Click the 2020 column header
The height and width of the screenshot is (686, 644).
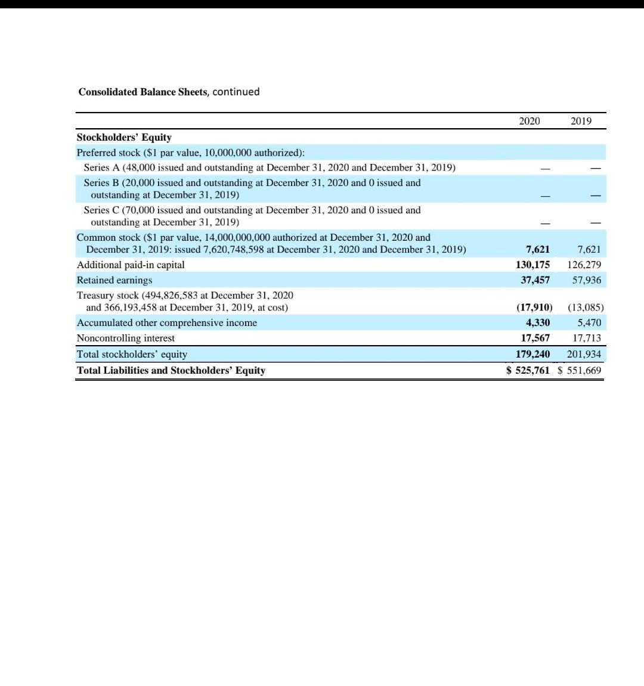click(529, 121)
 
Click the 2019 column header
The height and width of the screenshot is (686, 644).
click(581, 121)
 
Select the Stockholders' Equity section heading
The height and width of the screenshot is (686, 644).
click(124, 137)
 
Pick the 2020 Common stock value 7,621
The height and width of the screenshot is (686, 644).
click(538, 249)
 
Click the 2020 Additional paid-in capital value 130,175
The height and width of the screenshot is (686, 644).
click(532, 265)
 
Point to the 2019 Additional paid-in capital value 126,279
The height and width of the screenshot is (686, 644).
click(584, 265)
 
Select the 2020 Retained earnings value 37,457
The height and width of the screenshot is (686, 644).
click(535, 280)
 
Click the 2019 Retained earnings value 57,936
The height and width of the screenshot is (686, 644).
click(586, 280)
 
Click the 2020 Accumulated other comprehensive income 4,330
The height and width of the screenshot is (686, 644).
click(538, 322)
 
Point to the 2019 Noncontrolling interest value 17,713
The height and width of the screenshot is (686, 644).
click(586, 338)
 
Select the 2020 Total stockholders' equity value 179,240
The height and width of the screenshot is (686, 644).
click(532, 354)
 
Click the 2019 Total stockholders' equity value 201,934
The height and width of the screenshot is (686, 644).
click(584, 354)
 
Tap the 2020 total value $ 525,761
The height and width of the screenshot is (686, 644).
click(528, 370)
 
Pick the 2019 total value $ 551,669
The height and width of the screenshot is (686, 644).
click(580, 370)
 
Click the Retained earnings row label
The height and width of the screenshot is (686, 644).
click(114, 280)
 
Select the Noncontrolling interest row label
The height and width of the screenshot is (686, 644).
click(126, 338)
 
